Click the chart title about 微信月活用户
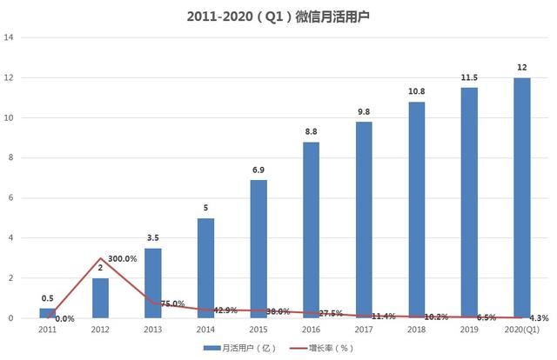coord(278,17)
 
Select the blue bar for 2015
coord(258,249)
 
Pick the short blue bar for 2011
coord(47,313)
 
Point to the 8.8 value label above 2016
coord(311,131)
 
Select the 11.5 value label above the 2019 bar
coord(469,77)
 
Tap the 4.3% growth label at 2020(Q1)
coord(538,318)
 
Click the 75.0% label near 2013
coord(173,303)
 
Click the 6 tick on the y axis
coord(10,198)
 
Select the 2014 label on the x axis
coord(205,330)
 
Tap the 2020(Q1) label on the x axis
coord(521,330)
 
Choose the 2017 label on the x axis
coord(364,330)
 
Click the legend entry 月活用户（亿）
coord(238,348)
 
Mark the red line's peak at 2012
coord(100,258)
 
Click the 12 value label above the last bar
coord(521,68)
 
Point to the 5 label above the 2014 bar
coord(205,208)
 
